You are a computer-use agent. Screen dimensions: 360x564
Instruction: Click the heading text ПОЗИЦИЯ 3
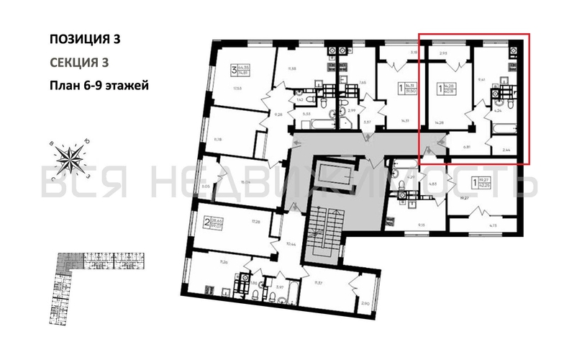pyautogui.click(x=84, y=40)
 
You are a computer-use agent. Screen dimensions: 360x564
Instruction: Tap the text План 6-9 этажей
pyautogui.click(x=99, y=86)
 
